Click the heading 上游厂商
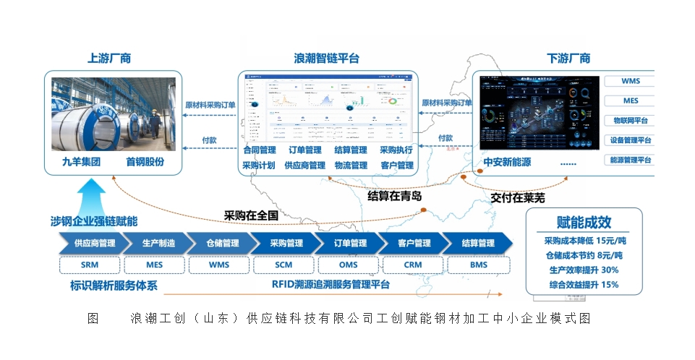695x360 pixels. [109, 59]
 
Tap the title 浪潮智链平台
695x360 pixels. [326, 59]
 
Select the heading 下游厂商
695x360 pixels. [568, 59]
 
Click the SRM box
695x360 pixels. [90, 265]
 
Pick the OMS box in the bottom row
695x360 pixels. [348, 265]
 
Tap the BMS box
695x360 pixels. [478, 265]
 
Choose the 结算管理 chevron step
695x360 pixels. [477, 243]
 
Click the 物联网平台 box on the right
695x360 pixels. [630, 121]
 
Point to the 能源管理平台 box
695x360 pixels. [630, 160]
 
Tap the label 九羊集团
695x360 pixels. [81, 162]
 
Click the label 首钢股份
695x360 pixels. [145, 162]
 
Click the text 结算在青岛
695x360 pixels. [395, 196]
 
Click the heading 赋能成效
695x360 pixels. [584, 222]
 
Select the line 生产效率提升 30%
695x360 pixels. [584, 270]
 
